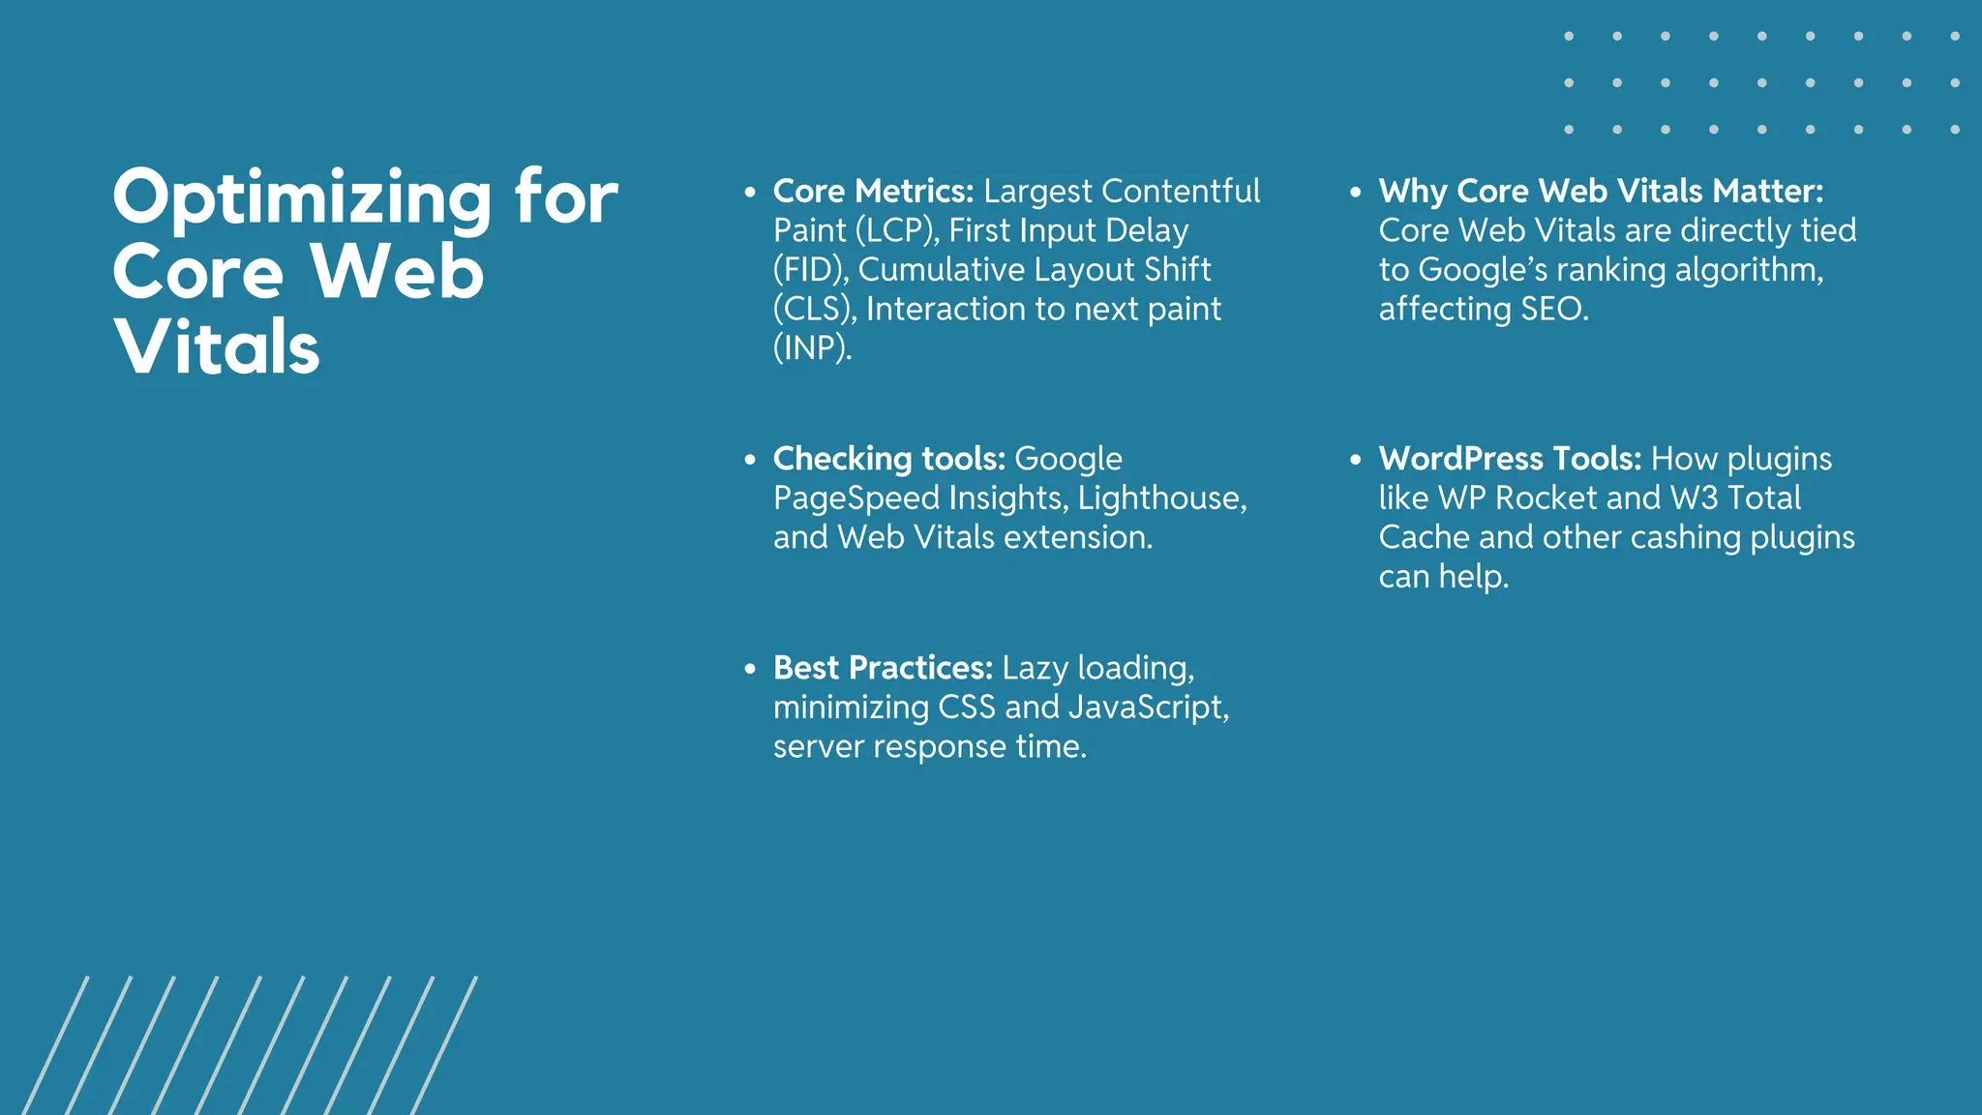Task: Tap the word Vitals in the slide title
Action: tap(217, 347)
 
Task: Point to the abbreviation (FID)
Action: tap(811, 269)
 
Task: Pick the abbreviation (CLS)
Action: tap(815, 309)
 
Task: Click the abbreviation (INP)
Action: tap(812, 347)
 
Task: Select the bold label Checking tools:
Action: tap(889, 459)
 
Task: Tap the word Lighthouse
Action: tap(1158, 497)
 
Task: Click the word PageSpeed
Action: tap(856, 498)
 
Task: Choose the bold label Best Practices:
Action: tap(883, 668)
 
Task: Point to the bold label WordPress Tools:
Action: tap(1510, 459)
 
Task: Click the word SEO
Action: tap(1552, 309)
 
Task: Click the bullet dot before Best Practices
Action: tap(750, 669)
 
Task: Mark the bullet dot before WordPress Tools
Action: tap(1356, 460)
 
